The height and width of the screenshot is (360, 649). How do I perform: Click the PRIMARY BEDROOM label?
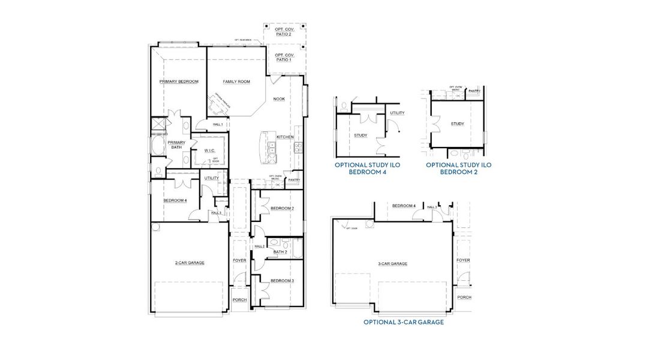pos(179,82)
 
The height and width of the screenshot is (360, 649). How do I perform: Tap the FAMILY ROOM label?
pos(236,82)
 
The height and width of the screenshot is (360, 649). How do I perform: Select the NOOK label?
pos(279,99)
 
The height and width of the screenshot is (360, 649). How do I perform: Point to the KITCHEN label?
pos(285,137)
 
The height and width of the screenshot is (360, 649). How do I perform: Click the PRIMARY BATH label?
pos(176,145)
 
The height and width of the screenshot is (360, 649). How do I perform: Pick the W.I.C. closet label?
pos(209,151)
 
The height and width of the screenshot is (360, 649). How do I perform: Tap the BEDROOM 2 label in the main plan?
pos(281,208)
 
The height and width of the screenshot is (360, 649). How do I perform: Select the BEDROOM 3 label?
pos(281,281)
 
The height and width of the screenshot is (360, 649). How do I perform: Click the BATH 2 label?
pos(280,252)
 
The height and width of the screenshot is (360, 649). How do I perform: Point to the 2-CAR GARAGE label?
pos(189,263)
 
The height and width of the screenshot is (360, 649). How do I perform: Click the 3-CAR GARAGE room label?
pos(392,263)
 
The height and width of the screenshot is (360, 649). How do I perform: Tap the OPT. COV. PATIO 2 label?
pos(284,32)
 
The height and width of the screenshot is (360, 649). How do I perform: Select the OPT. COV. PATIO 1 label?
pos(284,58)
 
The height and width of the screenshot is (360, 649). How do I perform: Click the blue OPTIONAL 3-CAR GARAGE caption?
pos(404,322)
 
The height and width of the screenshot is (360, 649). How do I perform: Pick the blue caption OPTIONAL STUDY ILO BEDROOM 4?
pos(367,168)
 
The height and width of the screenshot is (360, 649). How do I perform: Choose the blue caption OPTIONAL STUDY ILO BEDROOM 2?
pos(459,168)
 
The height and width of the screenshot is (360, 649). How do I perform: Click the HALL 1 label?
pos(218,125)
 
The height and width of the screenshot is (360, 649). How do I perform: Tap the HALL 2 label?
pos(260,246)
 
